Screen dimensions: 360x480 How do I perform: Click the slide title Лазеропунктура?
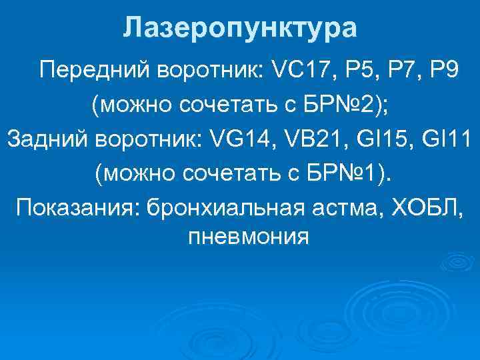tap(240, 28)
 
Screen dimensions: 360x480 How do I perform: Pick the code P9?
tap(443, 70)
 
